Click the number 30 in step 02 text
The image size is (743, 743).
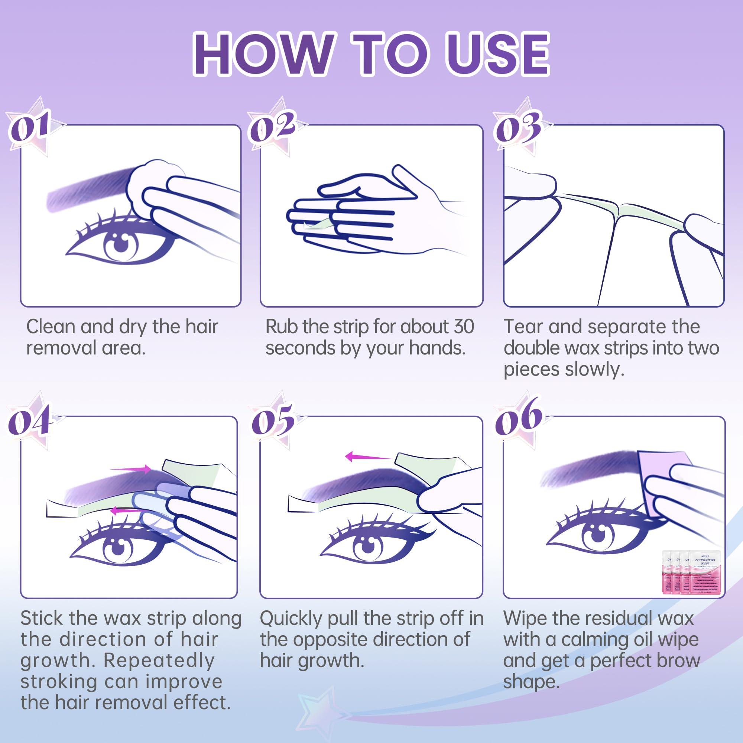pos(463,327)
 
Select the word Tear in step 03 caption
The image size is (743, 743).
pos(523,327)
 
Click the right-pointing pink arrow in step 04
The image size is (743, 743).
pos(131,469)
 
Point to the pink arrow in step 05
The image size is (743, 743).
pos(367,457)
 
